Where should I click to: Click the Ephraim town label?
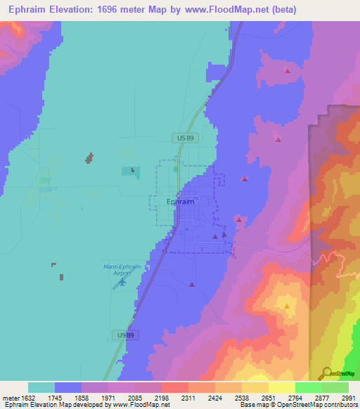(x=180, y=202)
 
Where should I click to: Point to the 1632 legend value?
(x=28, y=398)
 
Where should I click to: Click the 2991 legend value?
(x=348, y=398)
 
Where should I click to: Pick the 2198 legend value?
(x=162, y=398)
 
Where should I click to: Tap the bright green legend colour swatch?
(x=308, y=387)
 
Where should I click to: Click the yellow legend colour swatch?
(x=281, y=387)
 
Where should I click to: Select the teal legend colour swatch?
(x=41, y=387)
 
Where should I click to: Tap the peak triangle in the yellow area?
(x=287, y=306)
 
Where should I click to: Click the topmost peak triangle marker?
(x=287, y=70)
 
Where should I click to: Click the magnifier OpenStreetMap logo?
(x=327, y=373)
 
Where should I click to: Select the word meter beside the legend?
(x=11, y=398)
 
